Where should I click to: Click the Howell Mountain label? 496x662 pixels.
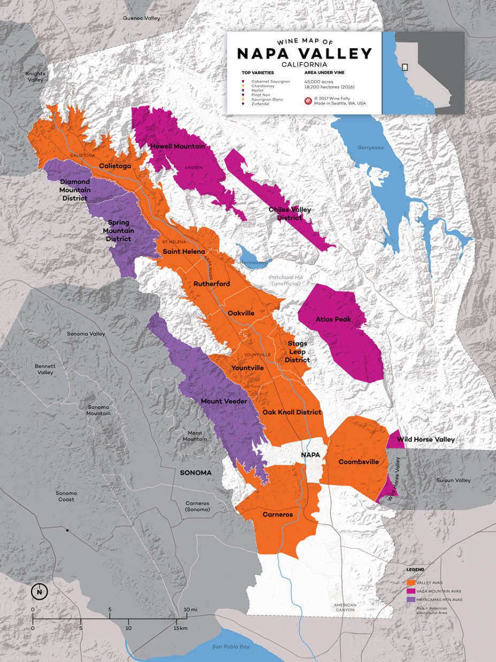170,146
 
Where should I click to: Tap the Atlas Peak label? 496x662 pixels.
333,319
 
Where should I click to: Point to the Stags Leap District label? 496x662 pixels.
297,352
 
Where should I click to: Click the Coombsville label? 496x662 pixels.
358,462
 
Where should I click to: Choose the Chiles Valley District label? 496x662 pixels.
289,214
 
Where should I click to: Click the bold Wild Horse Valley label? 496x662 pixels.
425,439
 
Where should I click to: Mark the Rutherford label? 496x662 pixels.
211,284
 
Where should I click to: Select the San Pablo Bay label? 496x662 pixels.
231,647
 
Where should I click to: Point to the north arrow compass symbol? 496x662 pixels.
40,592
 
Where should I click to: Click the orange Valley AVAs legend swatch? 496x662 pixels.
411,582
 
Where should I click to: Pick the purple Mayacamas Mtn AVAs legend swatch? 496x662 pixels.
411,599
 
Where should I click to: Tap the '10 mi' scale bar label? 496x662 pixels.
190,610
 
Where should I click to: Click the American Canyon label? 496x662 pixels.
346,607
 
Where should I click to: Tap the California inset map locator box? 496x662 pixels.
405,67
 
